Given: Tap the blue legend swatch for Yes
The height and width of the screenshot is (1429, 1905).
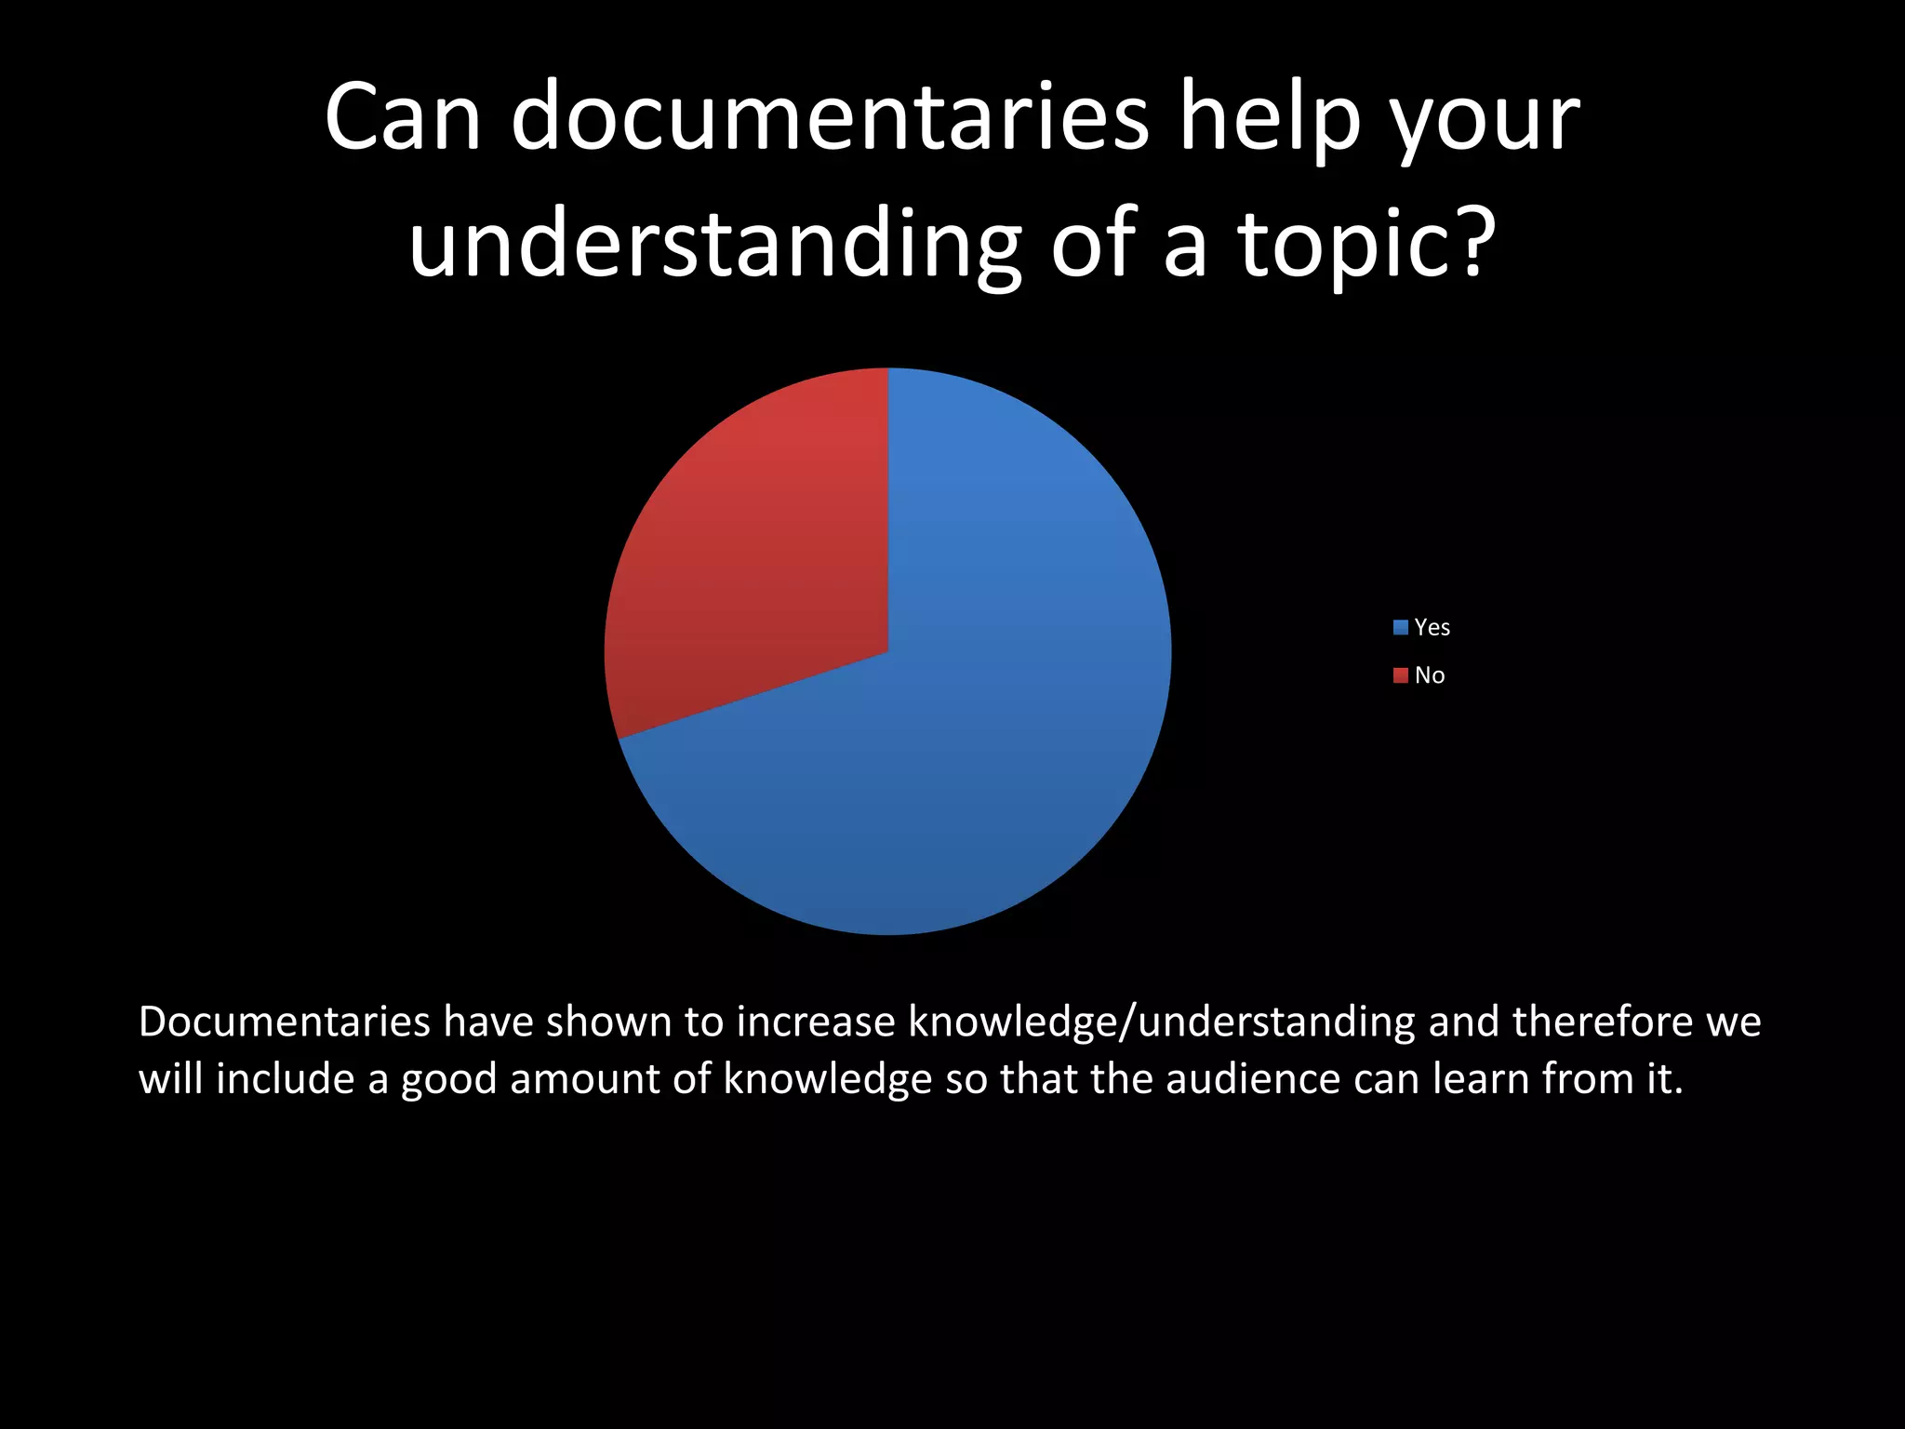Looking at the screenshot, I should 1400,627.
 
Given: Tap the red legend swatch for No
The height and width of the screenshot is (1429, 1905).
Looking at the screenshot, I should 1400,675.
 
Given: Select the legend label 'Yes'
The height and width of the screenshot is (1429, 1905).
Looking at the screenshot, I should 1432,627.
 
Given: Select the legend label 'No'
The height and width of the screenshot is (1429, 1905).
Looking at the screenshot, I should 1430,675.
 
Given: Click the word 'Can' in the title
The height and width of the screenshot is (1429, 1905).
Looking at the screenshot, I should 402,119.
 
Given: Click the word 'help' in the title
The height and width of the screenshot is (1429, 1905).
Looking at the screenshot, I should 1270,119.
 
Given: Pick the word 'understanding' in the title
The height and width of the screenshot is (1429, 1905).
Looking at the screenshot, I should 714,244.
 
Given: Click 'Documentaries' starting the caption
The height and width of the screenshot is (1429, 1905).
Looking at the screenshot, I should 284,1022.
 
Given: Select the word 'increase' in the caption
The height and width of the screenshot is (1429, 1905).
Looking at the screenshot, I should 815,1022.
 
